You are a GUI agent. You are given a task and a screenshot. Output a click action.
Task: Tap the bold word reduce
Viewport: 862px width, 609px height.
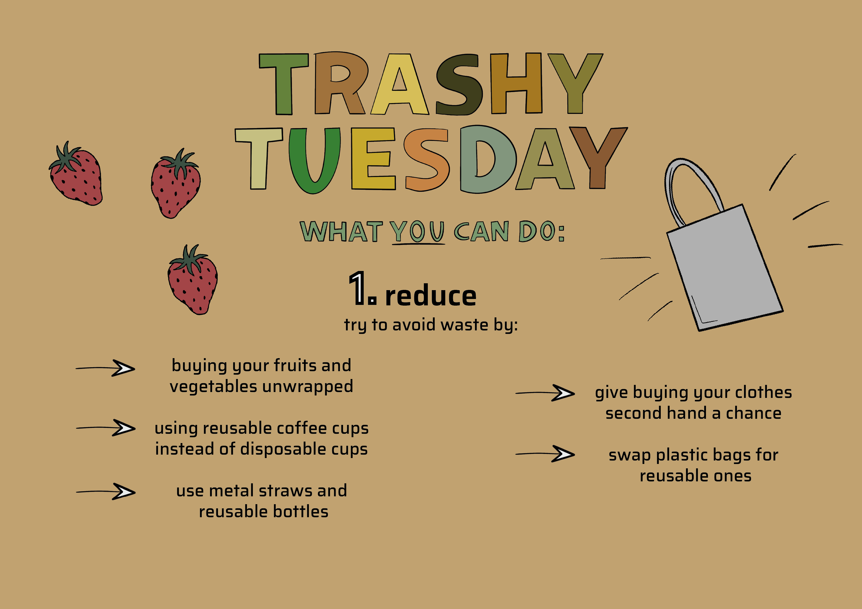431,296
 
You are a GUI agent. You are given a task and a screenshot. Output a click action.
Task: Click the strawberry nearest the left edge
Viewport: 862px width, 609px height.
76,174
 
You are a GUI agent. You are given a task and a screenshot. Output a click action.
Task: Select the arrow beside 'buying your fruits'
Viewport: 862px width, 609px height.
105,368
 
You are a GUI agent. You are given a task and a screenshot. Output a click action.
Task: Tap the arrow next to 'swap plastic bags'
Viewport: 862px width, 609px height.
545,454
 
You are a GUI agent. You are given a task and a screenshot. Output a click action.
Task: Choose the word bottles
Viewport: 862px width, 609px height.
301,512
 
